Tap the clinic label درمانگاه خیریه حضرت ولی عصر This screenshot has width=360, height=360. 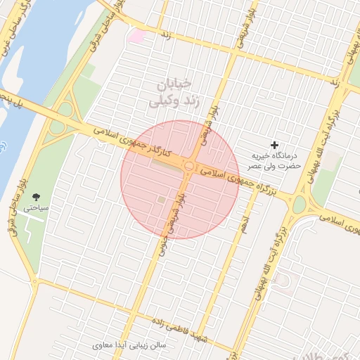point(276,160)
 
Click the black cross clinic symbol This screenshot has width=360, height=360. point(274,144)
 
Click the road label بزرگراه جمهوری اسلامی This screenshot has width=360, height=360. point(233,174)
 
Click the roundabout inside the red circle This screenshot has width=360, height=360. point(191,166)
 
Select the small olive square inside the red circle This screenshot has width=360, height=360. point(162,201)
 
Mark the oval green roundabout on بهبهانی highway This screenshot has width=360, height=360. point(300,205)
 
